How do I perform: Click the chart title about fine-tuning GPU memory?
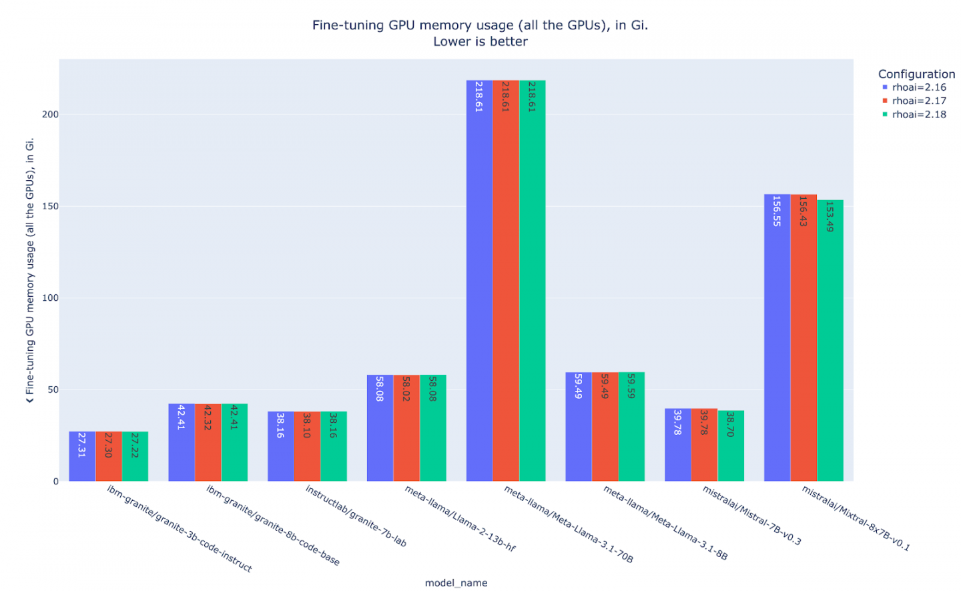point(480,25)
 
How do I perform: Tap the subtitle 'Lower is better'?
point(480,41)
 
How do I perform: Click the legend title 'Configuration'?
point(916,74)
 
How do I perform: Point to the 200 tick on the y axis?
point(50,115)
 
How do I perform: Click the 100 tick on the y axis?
point(50,298)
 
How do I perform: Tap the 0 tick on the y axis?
point(55,482)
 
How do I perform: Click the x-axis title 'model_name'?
point(456,583)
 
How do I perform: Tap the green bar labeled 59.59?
point(631,427)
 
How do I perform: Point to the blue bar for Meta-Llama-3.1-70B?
point(478,280)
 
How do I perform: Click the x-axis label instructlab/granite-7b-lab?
point(356,516)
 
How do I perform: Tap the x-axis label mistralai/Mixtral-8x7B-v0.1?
point(856,518)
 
